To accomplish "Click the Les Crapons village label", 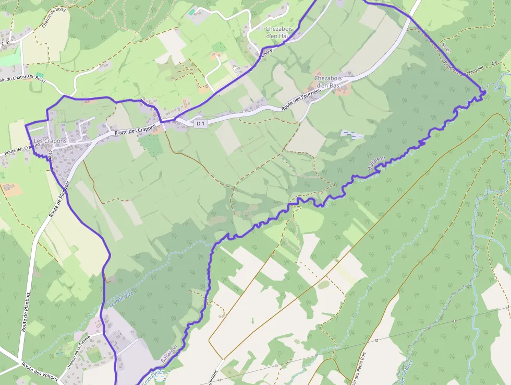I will [x=50, y=141].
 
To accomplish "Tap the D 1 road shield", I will [x=200, y=123].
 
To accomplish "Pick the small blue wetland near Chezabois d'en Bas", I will [x=352, y=135].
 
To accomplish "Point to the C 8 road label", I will [x=494, y=63].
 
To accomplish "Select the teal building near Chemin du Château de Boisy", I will [x=40, y=75].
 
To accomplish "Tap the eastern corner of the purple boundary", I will [x=485, y=92].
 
